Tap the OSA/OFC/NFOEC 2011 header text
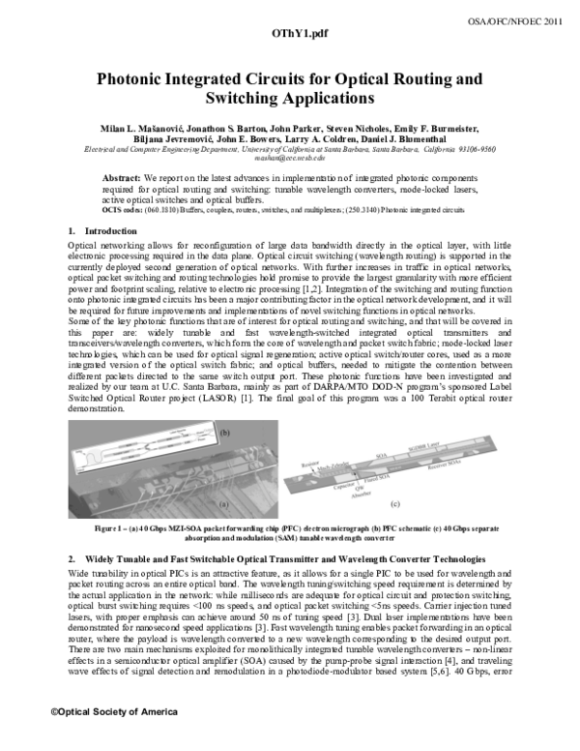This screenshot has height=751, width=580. [x=523, y=19]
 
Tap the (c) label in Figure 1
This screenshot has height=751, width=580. [x=394, y=504]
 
